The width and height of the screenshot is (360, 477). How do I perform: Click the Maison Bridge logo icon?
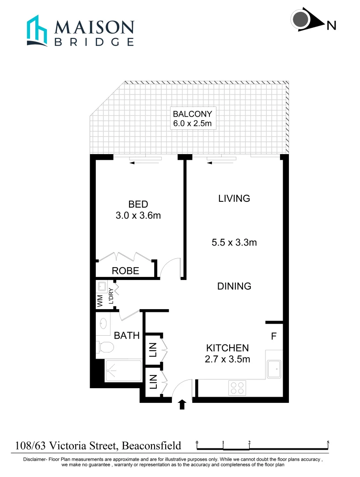[37, 30]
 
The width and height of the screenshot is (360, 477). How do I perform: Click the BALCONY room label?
[195, 113]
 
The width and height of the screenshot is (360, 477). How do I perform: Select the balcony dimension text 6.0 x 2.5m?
[195, 123]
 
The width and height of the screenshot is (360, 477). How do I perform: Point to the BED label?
[138, 204]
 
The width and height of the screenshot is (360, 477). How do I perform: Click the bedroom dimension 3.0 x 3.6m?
[138, 216]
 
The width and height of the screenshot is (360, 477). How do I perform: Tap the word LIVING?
[234, 198]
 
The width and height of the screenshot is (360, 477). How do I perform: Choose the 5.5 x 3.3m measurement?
[234, 242]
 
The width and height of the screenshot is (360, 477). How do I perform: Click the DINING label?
[234, 286]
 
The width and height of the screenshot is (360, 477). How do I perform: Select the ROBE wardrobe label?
[125, 271]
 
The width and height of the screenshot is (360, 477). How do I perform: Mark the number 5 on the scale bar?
[328, 442]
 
